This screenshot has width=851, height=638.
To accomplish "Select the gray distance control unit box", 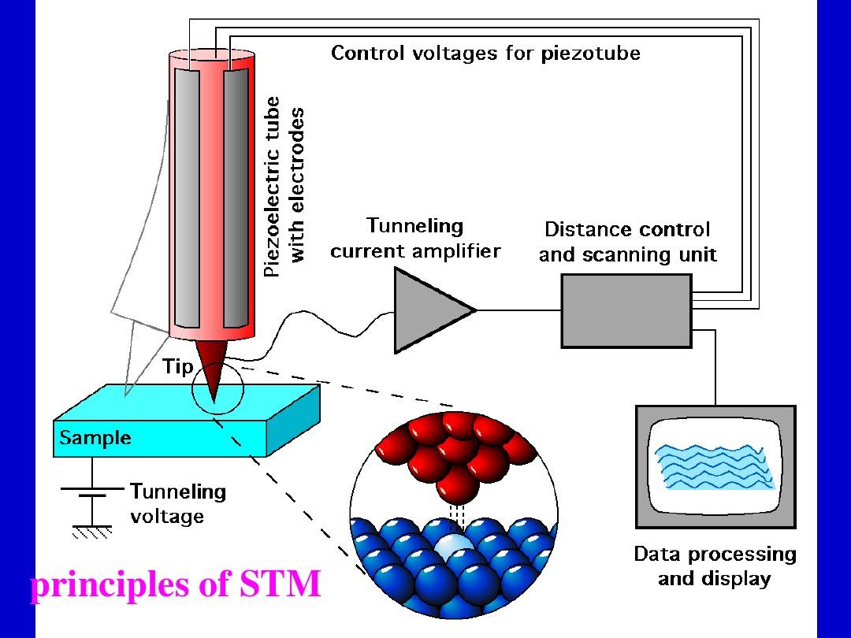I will (x=626, y=310).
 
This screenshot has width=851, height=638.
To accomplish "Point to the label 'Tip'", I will (x=177, y=366).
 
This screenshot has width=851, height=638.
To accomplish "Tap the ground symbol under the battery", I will (x=92, y=532).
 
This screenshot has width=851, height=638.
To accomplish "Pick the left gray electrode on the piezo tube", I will (x=187, y=198).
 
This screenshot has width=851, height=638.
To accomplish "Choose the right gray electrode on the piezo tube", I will (x=236, y=198).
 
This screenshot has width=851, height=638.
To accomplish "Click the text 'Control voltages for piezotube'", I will (x=485, y=54).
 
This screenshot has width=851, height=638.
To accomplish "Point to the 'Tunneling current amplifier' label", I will (x=415, y=239).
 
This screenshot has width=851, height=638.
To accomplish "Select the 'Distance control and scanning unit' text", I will (x=627, y=242).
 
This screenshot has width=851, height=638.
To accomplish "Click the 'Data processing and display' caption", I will (x=715, y=566).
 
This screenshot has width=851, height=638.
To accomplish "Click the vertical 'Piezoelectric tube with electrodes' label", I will (x=283, y=187).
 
